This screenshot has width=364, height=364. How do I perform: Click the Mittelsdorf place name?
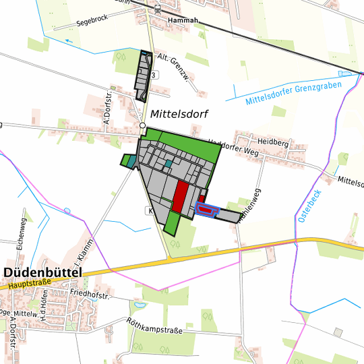click(179, 114)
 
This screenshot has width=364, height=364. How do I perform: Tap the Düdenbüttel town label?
click(42, 272)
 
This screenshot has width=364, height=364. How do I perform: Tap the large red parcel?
click(180, 196)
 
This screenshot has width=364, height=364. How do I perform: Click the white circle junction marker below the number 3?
click(142, 125)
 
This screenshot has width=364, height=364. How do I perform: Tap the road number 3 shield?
click(154, 75)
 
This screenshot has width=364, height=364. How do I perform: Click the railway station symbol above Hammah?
click(157, 9)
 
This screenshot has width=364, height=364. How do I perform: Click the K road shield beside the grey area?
click(148, 211)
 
